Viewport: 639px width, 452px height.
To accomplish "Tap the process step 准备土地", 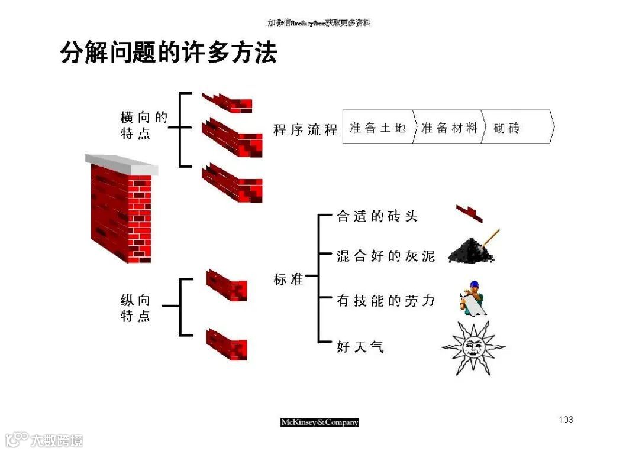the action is (377, 128).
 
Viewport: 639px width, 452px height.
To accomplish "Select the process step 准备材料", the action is (449, 128).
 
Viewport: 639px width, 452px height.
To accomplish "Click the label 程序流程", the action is (305, 129).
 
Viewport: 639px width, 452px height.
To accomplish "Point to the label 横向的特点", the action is (144, 126).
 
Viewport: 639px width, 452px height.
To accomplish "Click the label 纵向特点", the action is (136, 308).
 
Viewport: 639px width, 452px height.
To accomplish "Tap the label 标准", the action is (288, 279).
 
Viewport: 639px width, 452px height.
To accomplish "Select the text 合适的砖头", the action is (377, 217).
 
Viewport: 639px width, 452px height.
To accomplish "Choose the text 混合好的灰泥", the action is (385, 256).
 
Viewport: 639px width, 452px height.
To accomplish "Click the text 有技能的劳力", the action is (385, 301).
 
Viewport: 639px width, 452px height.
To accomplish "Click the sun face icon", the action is (473, 347).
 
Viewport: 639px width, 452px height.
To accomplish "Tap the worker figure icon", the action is (473, 298).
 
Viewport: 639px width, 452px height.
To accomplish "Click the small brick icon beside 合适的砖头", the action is (469, 213).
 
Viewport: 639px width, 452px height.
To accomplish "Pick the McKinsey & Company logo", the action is (319, 422).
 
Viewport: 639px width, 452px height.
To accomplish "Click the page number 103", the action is (566, 420).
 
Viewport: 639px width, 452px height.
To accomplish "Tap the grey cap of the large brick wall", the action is (121, 163).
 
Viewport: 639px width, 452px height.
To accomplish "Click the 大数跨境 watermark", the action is (44, 440).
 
